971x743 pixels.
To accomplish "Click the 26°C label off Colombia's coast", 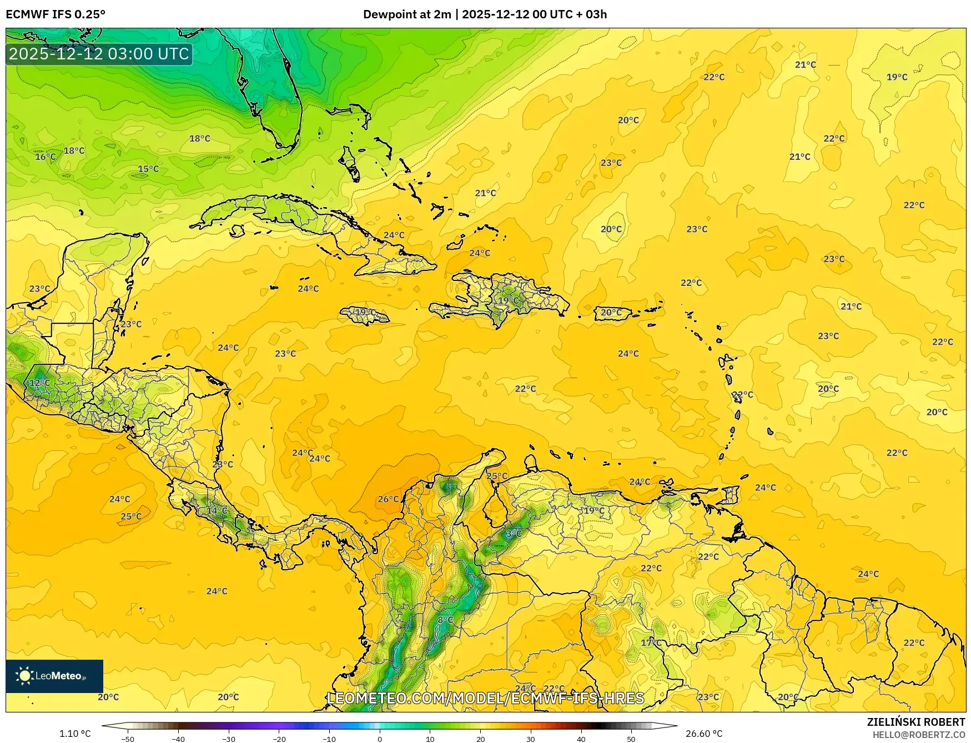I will pyautogui.click(x=388, y=499).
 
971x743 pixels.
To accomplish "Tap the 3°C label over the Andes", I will pyautogui.click(x=513, y=534).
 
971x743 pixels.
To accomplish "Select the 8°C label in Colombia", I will pyautogui.click(x=445, y=620).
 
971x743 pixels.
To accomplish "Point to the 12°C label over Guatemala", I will pyautogui.click(x=39, y=383).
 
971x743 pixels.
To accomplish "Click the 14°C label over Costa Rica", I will pyautogui.click(x=217, y=510).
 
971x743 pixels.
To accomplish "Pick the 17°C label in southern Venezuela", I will pyautogui.click(x=651, y=643).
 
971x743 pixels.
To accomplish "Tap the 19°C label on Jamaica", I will pyautogui.click(x=365, y=313).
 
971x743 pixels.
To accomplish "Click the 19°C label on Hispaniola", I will pyautogui.click(x=508, y=301).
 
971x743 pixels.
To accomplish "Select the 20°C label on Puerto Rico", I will pyautogui.click(x=611, y=313).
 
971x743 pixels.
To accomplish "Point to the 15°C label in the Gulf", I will pyautogui.click(x=148, y=169).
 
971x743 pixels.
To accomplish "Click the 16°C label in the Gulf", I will pyautogui.click(x=46, y=157).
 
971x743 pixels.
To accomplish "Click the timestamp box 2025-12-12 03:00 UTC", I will pyautogui.click(x=99, y=54).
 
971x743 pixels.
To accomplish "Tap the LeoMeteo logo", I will pyautogui.click(x=54, y=676).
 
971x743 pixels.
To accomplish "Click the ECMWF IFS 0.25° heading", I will pyautogui.click(x=56, y=14).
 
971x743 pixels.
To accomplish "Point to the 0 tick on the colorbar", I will pyautogui.click(x=380, y=739).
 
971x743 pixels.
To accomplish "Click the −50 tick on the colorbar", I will pyautogui.click(x=127, y=739).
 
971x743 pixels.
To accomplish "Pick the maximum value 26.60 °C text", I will pyautogui.click(x=704, y=734).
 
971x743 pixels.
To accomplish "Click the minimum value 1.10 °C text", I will pyautogui.click(x=75, y=734).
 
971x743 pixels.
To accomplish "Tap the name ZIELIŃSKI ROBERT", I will pyautogui.click(x=916, y=722).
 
